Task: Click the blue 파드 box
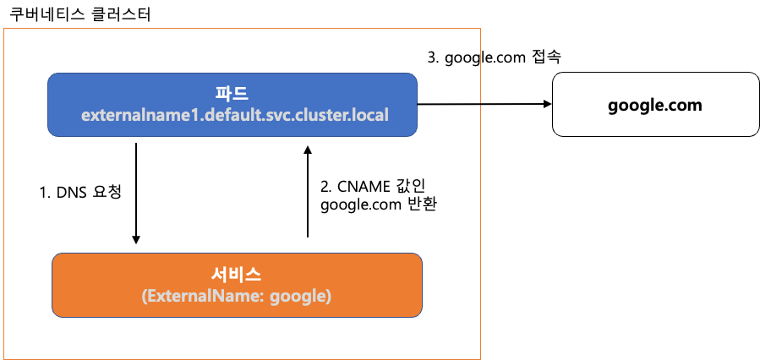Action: pyautogui.click(x=232, y=104)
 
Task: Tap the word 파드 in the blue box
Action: pyautogui.click(x=233, y=93)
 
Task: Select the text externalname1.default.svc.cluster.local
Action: pyautogui.click(x=234, y=115)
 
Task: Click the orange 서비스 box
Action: pyautogui.click(x=237, y=285)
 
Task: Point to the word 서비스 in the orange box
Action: pyautogui.click(x=237, y=275)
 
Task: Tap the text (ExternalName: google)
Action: pyautogui.click(x=237, y=297)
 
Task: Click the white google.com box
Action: pyautogui.click(x=655, y=104)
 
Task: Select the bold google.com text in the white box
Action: pyautogui.click(x=655, y=105)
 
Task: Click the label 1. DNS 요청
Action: pyautogui.click(x=81, y=192)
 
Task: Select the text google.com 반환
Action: pyautogui.click(x=378, y=205)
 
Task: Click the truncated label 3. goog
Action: pyautogui.click(x=454, y=58)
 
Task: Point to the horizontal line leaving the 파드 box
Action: pyautogui.click(x=449, y=104)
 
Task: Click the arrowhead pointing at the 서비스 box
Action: pyautogui.click(x=136, y=239)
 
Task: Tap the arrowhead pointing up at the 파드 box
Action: pyautogui.click(x=308, y=149)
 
